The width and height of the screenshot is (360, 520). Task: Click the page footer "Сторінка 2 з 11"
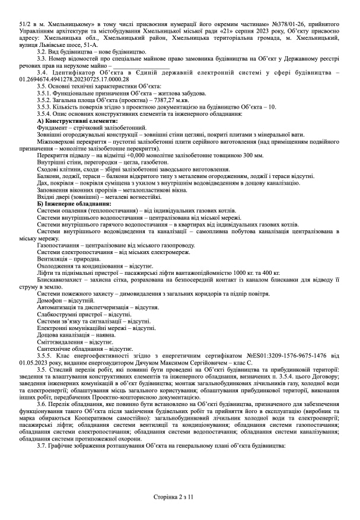click(x=180, y=496)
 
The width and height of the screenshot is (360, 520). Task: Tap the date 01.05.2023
click(x=34, y=362)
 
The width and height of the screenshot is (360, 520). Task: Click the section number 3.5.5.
click(x=46, y=356)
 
